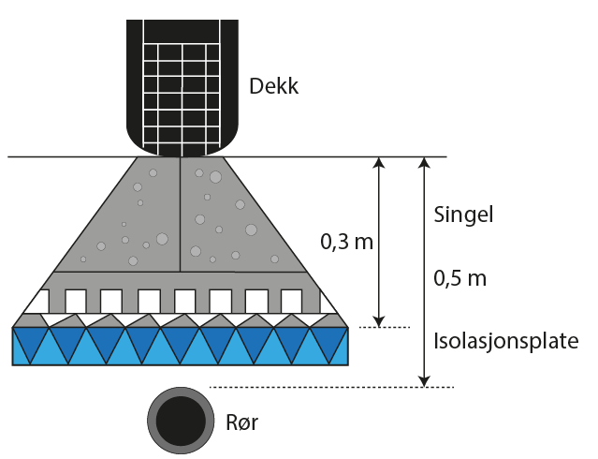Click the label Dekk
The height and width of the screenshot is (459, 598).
click(x=274, y=87)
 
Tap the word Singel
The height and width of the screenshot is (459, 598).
click(x=463, y=215)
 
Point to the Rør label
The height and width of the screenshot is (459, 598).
click(x=240, y=422)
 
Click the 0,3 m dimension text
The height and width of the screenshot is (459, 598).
click(x=346, y=242)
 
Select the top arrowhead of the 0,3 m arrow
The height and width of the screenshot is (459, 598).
click(x=378, y=164)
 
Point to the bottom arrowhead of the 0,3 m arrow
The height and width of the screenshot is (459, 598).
click(x=378, y=318)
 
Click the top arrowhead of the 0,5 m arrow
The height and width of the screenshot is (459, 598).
click(x=425, y=164)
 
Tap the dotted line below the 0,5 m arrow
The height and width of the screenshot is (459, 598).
click(x=332, y=387)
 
